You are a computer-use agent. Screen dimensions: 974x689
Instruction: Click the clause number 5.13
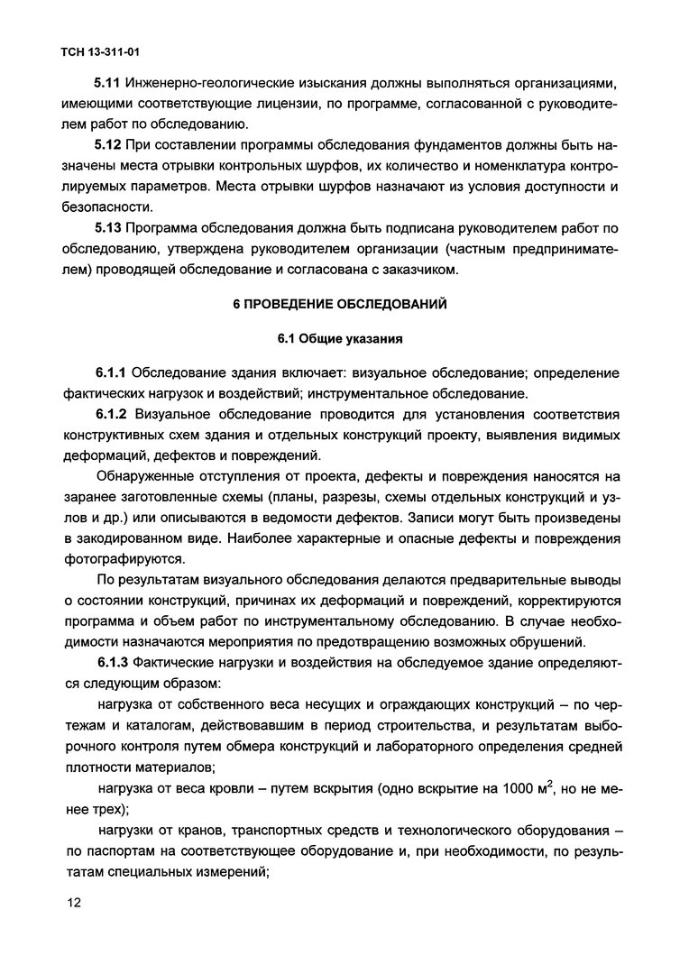coord(110,228)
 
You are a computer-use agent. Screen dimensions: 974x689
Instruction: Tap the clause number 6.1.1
coord(114,373)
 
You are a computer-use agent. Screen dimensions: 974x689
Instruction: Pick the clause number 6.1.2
coord(114,415)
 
